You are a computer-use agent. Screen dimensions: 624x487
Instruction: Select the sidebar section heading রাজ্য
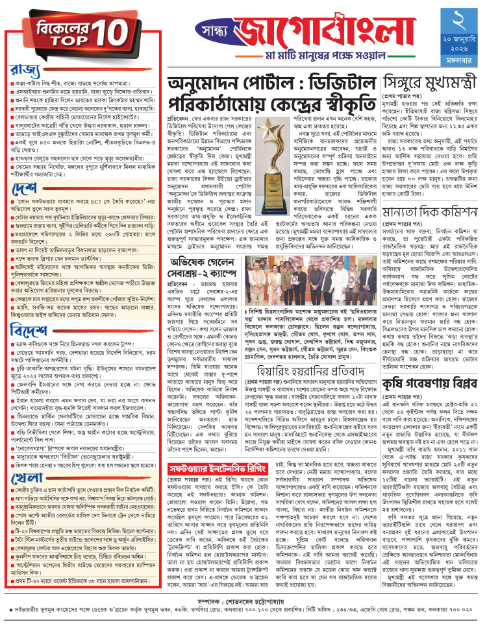[24, 69]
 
